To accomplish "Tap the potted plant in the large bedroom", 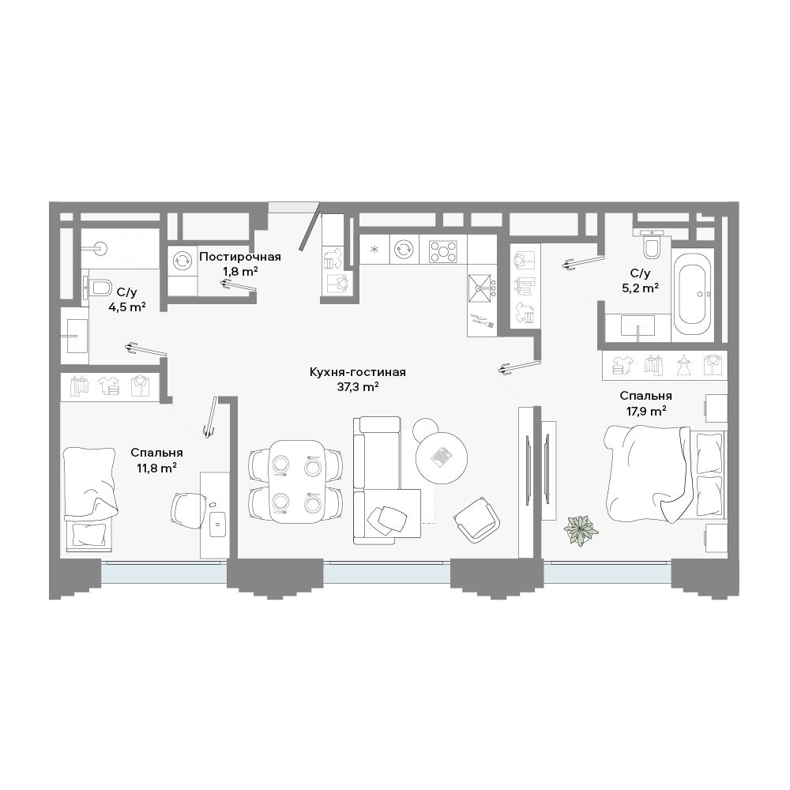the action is pos(581,530).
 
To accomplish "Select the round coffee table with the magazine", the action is pos(442,458).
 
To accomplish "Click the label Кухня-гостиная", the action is pos(358,372).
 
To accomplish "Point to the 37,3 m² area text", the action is pos(358,387).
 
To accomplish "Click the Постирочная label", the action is pos(240,257).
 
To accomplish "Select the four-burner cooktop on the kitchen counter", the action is pos(443,250).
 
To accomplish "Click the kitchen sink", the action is pos(480,288).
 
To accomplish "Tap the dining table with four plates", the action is pos(297,482).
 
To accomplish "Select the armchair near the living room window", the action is pos(477,520).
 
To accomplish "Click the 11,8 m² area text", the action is pos(156,468).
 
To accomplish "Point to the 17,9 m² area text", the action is pos(646,411).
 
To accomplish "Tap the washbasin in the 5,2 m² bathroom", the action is pos(638,325).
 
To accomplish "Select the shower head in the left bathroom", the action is pos(100,247).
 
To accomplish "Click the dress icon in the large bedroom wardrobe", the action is pos(683,365).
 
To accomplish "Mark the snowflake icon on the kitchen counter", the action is pos(374,249).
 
